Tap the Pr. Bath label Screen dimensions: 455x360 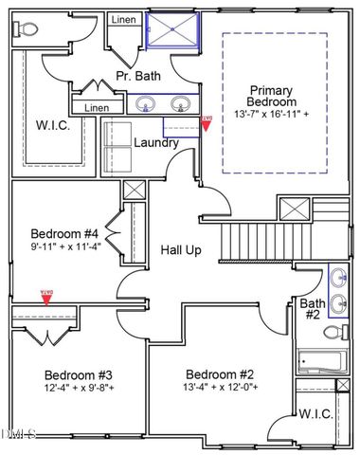135,75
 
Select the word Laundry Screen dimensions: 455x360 157,144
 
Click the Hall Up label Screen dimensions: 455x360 179,249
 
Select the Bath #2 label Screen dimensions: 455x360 312,310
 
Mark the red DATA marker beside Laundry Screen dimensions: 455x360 207,122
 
